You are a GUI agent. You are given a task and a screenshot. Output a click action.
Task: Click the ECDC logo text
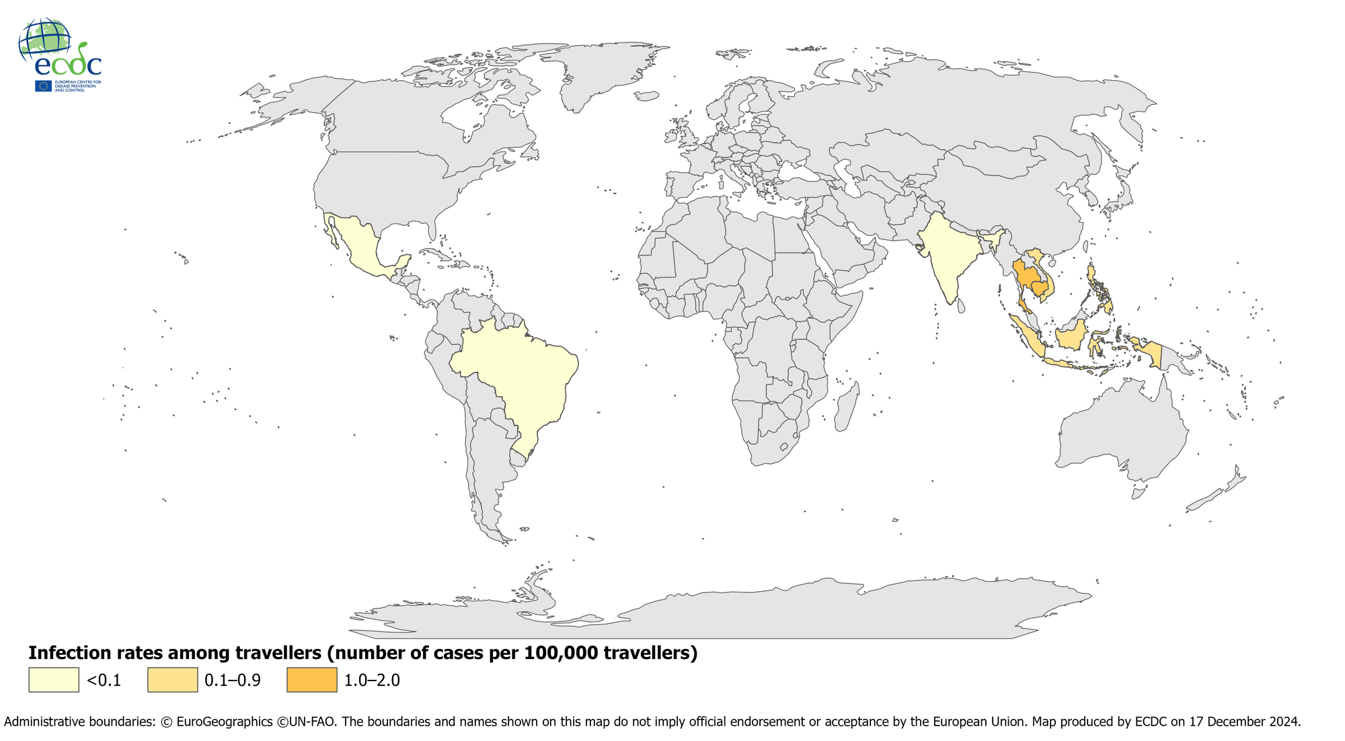tap(67, 65)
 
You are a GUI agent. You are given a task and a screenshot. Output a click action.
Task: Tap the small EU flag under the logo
tap(44, 86)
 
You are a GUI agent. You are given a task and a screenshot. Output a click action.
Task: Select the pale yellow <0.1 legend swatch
tap(54, 680)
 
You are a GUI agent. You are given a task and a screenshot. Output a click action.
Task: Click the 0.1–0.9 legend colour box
tap(173, 680)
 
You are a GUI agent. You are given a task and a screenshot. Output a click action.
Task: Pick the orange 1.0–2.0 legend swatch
tap(312, 680)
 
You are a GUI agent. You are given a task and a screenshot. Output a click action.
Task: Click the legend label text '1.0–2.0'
tap(372, 680)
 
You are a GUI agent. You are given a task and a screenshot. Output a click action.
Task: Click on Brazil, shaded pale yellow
tap(518, 377)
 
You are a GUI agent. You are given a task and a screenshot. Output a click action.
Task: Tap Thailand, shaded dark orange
tap(1026, 276)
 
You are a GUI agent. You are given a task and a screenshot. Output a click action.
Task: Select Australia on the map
tap(1123, 430)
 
